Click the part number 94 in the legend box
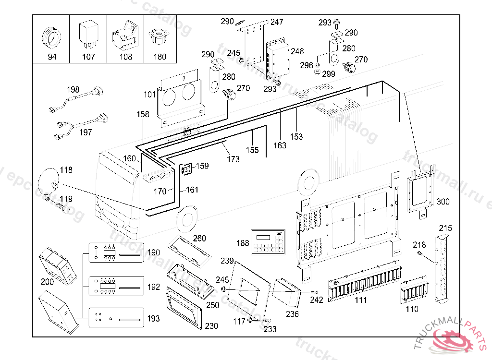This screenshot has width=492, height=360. (51, 57)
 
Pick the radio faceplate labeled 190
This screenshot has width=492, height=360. (116, 252)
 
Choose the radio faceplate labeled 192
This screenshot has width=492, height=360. (116, 287)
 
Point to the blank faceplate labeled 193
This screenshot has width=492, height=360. (116, 318)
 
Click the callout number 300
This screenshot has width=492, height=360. (443, 202)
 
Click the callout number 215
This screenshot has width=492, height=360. (446, 228)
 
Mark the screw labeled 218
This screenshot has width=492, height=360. (421, 254)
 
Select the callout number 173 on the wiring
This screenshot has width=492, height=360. (233, 159)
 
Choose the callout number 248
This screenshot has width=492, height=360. (297, 51)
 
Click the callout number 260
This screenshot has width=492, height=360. (199, 238)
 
